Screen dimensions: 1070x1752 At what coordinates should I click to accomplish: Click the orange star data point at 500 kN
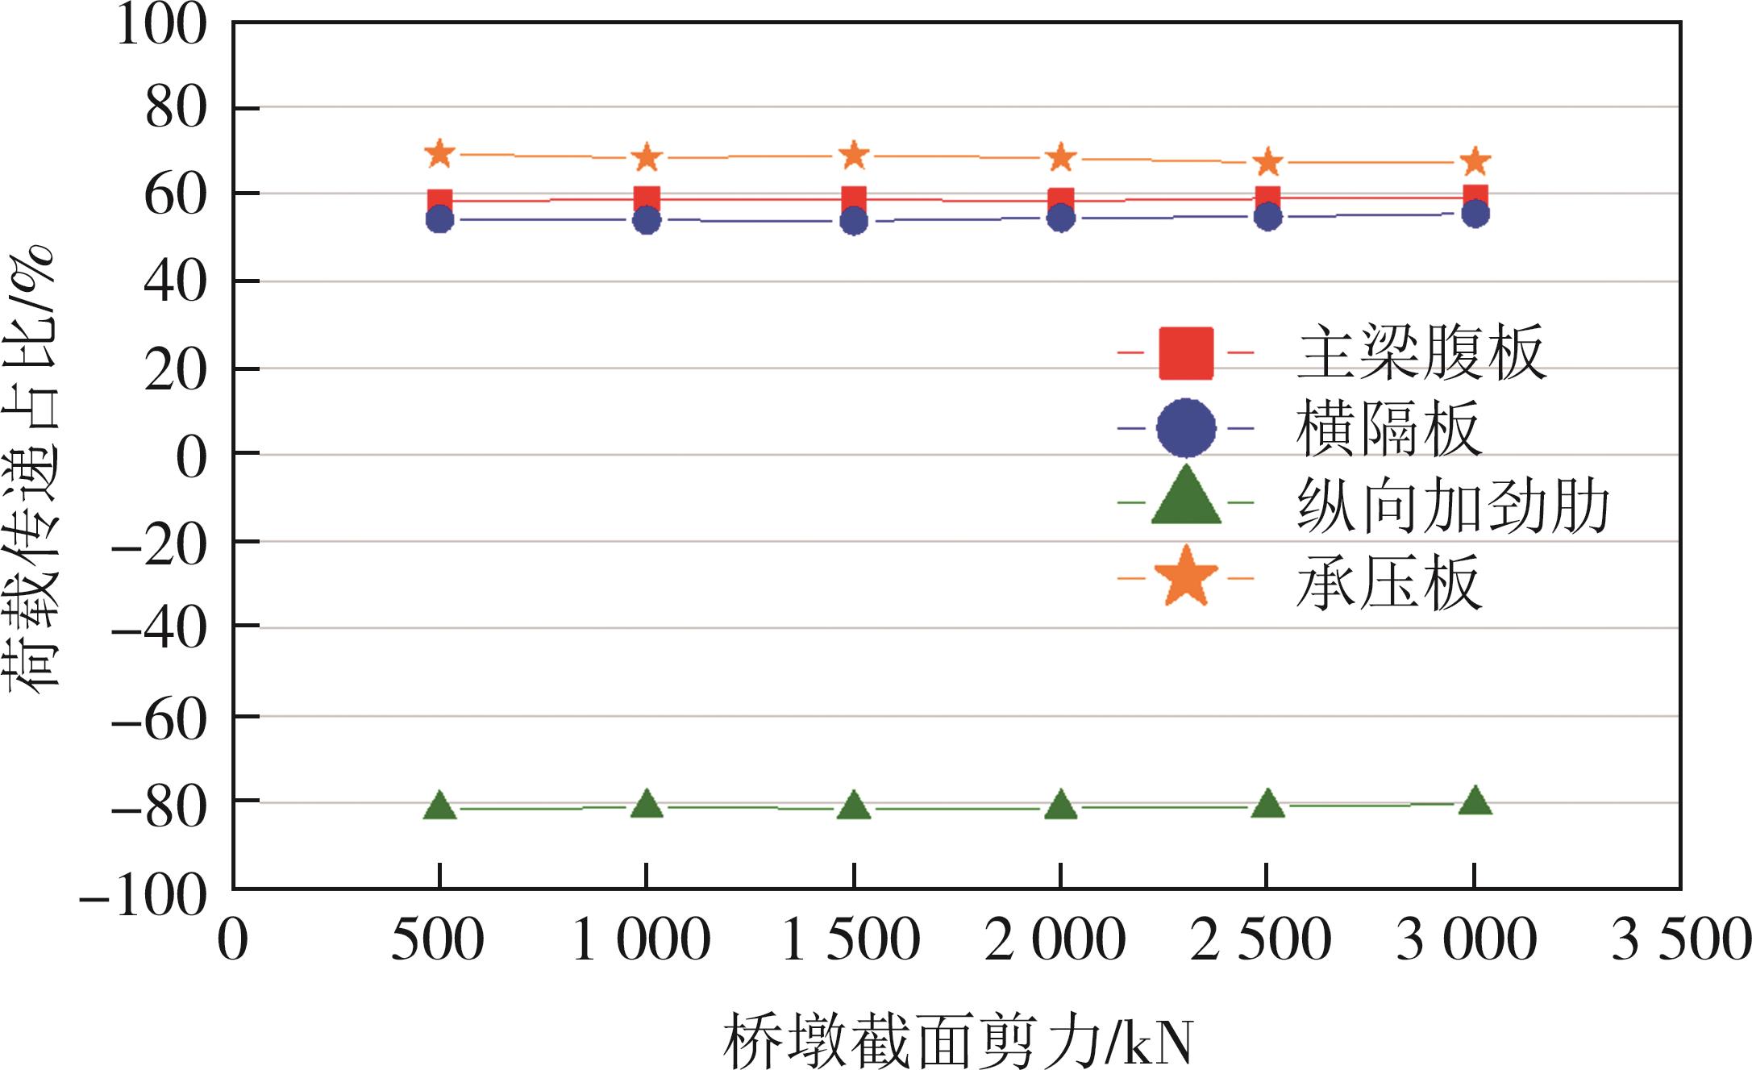pyautogui.click(x=439, y=153)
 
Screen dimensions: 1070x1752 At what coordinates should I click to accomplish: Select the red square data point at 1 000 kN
pyautogui.click(x=647, y=199)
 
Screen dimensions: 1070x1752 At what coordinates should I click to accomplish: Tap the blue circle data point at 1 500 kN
pyautogui.click(x=854, y=221)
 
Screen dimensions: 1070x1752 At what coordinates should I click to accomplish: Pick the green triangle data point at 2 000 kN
pyautogui.click(x=1061, y=806)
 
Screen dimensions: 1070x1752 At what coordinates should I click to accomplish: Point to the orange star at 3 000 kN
pyautogui.click(x=1475, y=161)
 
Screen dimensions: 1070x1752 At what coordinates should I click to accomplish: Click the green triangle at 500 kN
pyautogui.click(x=439, y=806)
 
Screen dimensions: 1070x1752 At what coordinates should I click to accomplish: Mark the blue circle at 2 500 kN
pyautogui.click(x=1268, y=216)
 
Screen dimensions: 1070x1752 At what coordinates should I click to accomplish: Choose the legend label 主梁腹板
pyautogui.click(x=1421, y=352)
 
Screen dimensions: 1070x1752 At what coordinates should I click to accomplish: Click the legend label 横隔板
pyautogui.click(x=1388, y=429)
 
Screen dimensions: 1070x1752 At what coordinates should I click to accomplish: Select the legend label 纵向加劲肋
pyautogui.click(x=1453, y=506)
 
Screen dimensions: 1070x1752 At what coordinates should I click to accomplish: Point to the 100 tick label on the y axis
pyautogui.click(x=161, y=24)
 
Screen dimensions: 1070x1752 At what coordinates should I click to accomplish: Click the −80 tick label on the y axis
pyautogui.click(x=159, y=806)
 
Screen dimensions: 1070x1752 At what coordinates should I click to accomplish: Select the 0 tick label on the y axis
pyautogui.click(x=191, y=457)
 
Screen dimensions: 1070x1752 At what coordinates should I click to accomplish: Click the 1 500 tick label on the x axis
pyautogui.click(x=851, y=940)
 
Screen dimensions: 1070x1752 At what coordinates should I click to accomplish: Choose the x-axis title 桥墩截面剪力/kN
pyautogui.click(x=957, y=1041)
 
